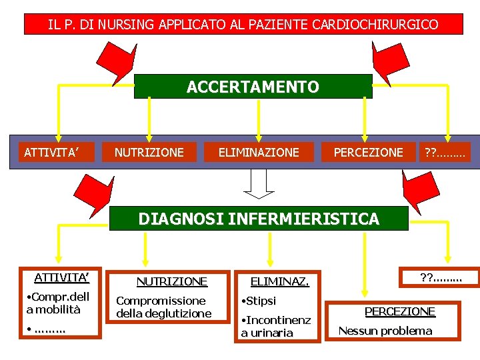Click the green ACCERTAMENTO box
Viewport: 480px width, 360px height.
pos(253,87)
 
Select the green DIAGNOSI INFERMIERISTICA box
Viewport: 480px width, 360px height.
pos(258,219)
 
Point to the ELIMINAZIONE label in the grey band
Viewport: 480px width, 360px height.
pos(259,153)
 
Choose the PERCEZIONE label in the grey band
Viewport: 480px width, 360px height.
pos(368,153)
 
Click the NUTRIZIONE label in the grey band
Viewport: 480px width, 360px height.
pos(149,153)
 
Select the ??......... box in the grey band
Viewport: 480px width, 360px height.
pos(445,153)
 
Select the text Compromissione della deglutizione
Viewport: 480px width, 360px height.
pos(163,307)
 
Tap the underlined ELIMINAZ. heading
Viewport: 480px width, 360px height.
pos(279,282)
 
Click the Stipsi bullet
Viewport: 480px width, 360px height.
pos(261,301)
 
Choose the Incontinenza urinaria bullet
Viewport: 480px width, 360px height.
pos(275,327)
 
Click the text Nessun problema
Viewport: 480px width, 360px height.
pos(385,331)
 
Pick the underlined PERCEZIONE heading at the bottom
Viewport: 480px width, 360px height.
pos(399,311)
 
